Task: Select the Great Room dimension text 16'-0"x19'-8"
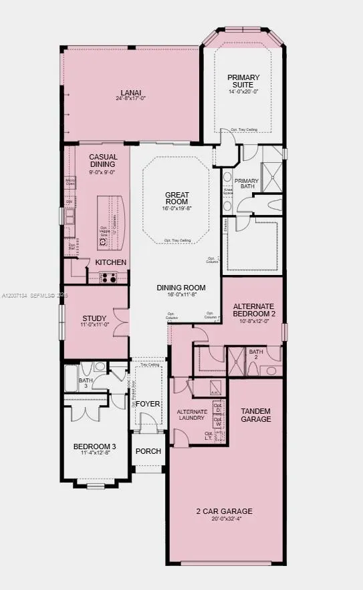point(176,208)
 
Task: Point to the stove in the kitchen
point(108,278)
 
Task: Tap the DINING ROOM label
point(180,288)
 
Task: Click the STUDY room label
point(94,318)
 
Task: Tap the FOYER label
point(148,404)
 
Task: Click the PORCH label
point(148,451)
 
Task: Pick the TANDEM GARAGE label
point(256,415)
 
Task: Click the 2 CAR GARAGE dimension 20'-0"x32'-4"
point(224,519)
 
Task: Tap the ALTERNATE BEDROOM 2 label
point(253,310)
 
